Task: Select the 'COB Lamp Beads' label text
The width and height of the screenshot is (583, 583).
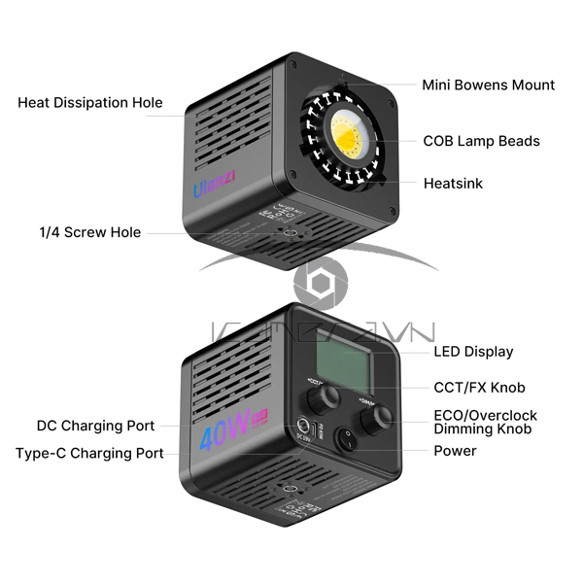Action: [x=481, y=141]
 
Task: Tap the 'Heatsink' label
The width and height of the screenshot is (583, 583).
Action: [x=453, y=183]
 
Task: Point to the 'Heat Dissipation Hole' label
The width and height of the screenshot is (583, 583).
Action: [x=90, y=103]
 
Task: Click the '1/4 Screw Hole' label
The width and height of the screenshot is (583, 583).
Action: [x=90, y=232]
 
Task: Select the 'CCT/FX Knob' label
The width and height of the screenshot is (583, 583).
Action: [x=479, y=388]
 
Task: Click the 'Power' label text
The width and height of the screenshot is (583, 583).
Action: [x=455, y=451]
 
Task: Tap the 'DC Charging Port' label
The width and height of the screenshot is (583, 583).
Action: [x=96, y=426]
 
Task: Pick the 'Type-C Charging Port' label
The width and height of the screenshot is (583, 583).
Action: [x=90, y=453]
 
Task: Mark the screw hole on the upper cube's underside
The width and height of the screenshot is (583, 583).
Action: [x=289, y=233]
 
